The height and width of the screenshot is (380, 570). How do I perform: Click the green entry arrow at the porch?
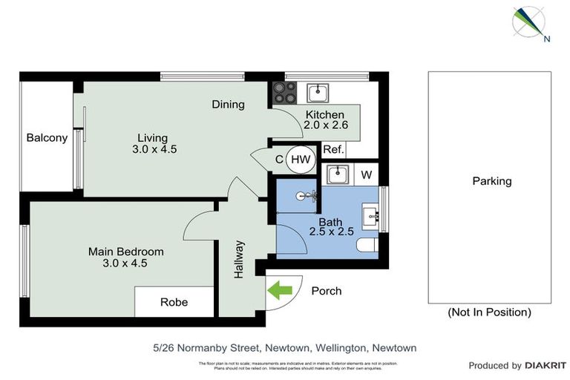click(x=279, y=291)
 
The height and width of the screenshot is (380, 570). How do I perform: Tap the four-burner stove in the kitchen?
click(x=284, y=93)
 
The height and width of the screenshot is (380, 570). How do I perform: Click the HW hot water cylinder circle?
click(x=301, y=159)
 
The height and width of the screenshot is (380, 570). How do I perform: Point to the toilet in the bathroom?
click(x=367, y=246)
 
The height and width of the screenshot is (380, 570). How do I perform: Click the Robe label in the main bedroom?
click(x=174, y=302)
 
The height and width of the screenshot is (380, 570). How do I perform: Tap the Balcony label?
click(x=47, y=137)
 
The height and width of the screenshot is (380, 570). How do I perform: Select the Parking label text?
click(x=491, y=181)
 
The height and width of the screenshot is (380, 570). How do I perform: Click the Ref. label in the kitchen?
click(x=333, y=149)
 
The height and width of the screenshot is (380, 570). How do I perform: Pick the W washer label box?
click(x=365, y=176)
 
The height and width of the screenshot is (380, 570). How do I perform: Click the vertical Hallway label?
click(x=239, y=260)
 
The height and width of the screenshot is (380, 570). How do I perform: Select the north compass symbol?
click(x=530, y=22)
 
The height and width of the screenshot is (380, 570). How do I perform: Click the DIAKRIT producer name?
click(x=546, y=365)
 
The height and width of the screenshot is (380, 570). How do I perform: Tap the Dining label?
click(x=228, y=104)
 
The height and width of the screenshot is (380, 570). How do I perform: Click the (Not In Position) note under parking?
click(x=489, y=312)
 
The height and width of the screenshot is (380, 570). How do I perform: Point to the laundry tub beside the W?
click(x=338, y=175)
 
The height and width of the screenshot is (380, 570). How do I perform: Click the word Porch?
click(x=327, y=291)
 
